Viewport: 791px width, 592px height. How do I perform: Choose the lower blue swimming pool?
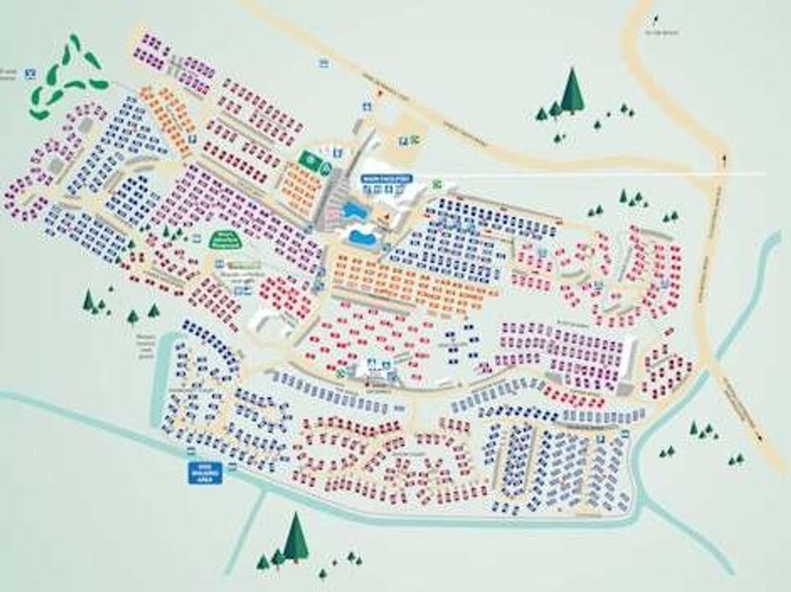coord(362,237)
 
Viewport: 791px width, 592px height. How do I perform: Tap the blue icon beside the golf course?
coord(31,73)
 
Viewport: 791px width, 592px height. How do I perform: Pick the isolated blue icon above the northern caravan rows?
coord(323,63)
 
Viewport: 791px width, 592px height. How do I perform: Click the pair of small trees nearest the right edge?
coord(736,460)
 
